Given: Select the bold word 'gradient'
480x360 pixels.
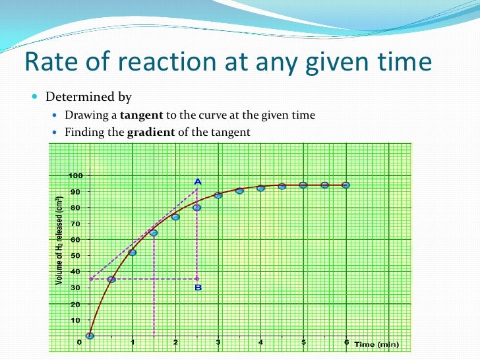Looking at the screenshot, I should pos(151,132).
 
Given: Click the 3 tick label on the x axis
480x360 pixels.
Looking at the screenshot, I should pos(218,342).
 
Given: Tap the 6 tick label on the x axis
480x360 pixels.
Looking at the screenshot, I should pos(346,342).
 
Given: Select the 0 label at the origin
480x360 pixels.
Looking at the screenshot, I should pos(80,342).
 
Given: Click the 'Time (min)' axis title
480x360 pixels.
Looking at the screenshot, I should pos(376,344).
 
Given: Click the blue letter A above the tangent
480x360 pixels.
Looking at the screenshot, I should pos(197,181).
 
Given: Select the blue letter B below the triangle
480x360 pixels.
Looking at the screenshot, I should pos(198,287).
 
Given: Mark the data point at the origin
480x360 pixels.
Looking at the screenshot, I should pos(90,336).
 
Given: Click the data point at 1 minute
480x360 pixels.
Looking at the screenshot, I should pos(133,253).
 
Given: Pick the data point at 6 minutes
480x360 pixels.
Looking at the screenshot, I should pos(345,185).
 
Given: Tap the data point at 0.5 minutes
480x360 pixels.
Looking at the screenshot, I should pos(111,280).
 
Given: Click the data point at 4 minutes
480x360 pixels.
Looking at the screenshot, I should pos(260,189).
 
